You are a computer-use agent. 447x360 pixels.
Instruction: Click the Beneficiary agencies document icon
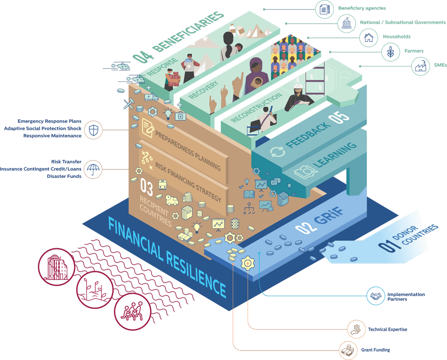click(x=324, y=9)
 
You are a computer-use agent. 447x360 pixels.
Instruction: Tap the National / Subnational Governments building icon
click(x=346, y=23)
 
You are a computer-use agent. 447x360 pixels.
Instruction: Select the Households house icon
click(x=369, y=37)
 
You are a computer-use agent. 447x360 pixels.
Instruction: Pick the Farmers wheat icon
click(x=391, y=51)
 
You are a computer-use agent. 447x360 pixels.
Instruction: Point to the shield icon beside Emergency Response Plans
click(x=93, y=130)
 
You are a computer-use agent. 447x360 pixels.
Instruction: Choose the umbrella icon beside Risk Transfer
click(x=93, y=169)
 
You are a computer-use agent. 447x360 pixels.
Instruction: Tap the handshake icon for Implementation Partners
click(x=375, y=296)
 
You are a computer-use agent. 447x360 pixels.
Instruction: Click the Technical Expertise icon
click(x=356, y=330)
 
